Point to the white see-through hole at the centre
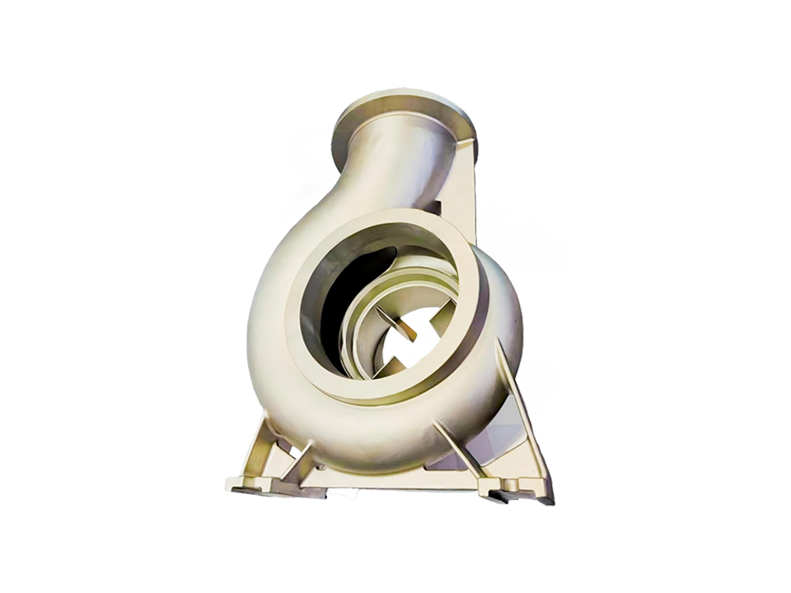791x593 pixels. click(x=404, y=346)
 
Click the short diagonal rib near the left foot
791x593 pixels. click(x=301, y=461)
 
